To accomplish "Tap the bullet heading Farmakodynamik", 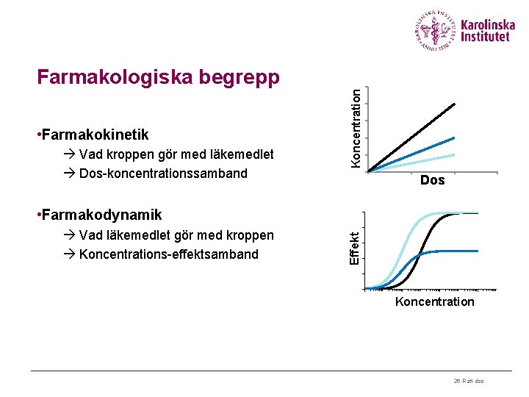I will (x=98, y=215).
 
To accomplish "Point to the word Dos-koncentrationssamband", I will (x=163, y=174).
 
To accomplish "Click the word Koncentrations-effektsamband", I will (x=168, y=254).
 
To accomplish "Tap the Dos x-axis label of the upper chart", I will (x=433, y=180).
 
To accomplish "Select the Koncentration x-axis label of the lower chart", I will (x=435, y=302).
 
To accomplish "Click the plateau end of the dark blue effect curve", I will (x=478, y=251).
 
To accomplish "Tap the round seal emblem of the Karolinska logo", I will (x=436, y=31).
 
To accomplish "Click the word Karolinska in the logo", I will (x=489, y=24).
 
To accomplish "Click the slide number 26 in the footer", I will (x=456, y=381).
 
